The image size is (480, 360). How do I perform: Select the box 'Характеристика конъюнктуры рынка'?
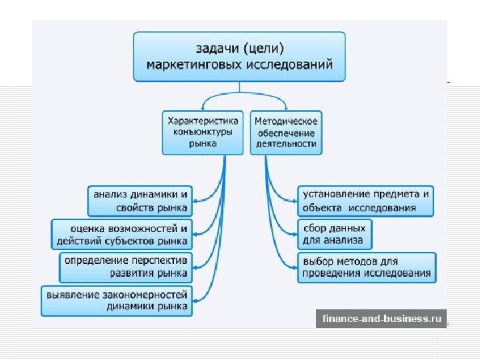pos(203,133)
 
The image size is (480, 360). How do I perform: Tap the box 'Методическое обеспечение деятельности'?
pos(285,133)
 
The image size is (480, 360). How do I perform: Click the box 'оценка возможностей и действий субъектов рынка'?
pos(121,234)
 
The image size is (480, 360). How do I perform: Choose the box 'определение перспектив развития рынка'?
pos(126,267)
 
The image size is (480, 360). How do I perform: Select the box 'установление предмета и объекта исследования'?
pos(365,201)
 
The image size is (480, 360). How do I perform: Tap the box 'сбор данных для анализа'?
pos(334,234)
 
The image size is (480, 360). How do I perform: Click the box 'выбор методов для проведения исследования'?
pos(367,267)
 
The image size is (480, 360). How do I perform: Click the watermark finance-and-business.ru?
pos(382,319)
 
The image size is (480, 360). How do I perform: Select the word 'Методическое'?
pos(286,121)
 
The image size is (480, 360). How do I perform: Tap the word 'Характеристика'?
pos(203,121)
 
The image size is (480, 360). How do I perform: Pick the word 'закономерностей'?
pos(149,294)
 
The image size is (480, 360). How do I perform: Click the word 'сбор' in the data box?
pos(315,228)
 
